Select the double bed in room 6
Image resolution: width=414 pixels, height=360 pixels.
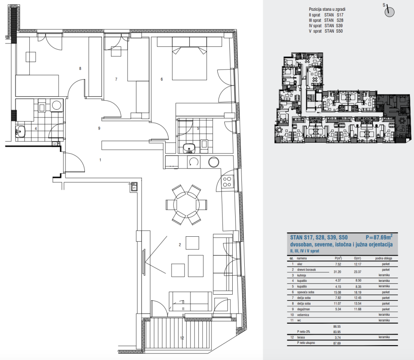(189, 63)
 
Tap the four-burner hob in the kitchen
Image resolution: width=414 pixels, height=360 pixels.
(227, 182)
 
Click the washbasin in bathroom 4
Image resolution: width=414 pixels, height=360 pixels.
(20, 132)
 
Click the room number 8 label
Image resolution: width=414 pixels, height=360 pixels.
(80, 68)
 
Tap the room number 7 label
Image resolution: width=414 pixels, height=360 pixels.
(116, 79)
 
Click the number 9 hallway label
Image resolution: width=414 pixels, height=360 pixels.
(99, 129)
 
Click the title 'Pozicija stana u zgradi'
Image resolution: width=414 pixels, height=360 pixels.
(327, 9)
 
